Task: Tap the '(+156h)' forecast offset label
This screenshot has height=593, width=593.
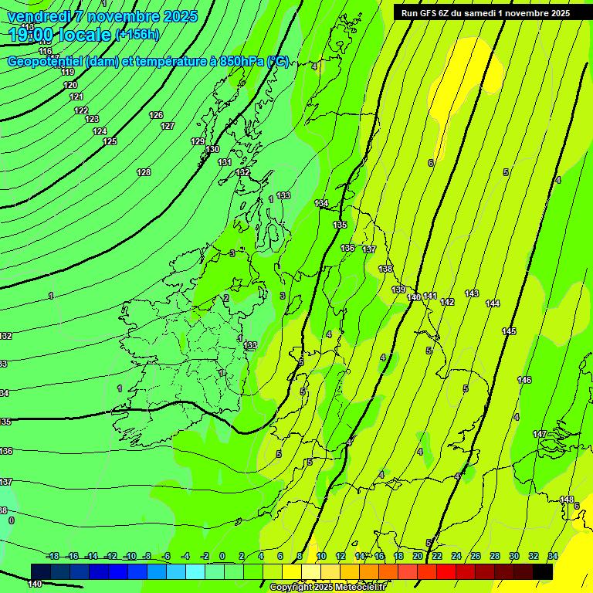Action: pos(137,35)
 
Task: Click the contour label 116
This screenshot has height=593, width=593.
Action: pos(46,51)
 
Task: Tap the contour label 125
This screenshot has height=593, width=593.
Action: pos(110,141)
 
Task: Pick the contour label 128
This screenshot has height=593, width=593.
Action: pos(144,172)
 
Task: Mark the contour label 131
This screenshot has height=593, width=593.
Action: pos(225,162)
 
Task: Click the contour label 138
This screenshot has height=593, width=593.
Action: pos(385,269)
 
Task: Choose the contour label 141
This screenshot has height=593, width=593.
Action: pos(430,296)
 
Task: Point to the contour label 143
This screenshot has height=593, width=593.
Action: pos(472,293)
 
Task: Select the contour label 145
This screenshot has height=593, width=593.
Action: pos(509,331)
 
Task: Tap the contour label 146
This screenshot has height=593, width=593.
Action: pos(524,380)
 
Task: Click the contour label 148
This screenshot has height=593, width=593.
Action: pos(567,500)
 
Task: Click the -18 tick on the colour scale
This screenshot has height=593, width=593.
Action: pos(53,556)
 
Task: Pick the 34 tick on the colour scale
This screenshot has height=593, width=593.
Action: pos(553,556)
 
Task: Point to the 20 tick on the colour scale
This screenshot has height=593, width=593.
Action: pos(418,556)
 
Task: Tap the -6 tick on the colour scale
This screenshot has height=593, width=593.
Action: pos(165,556)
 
